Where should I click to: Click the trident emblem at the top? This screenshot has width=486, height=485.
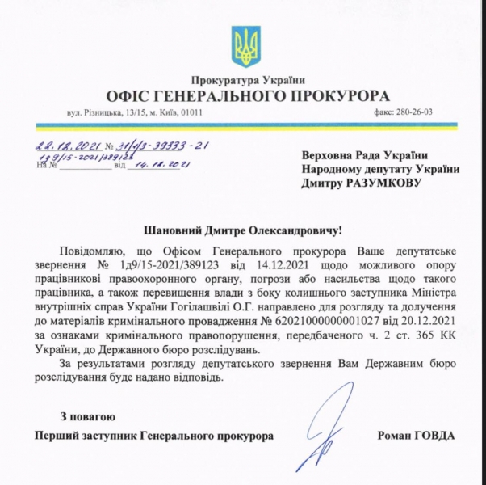[242, 46]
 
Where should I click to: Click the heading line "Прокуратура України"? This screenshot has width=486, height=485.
[242, 79]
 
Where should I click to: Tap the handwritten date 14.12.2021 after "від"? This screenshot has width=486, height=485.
[160, 165]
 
